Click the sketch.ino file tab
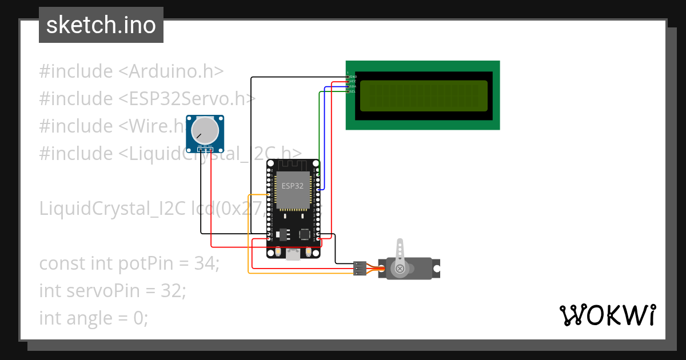[x=101, y=25]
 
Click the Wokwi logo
[x=607, y=315]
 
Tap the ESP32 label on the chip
[x=292, y=186]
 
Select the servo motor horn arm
[x=400, y=252]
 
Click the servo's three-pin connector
[x=360, y=268]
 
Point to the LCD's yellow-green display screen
[x=424, y=95]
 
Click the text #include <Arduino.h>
[x=131, y=71]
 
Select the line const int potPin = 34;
[x=129, y=263]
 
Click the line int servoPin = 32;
[x=113, y=290]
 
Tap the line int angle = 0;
[x=94, y=317]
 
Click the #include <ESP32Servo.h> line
[x=147, y=99]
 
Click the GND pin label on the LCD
[x=353, y=77]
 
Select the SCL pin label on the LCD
[x=353, y=91]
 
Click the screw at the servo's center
[x=400, y=268]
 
